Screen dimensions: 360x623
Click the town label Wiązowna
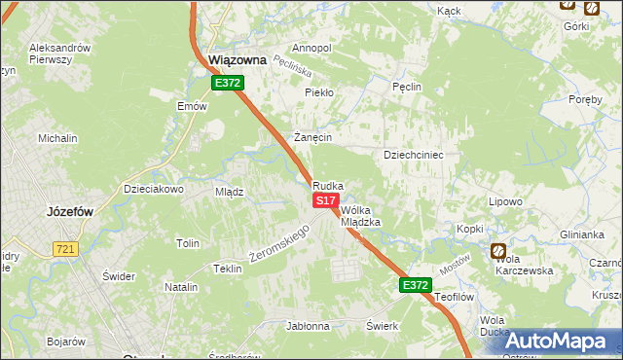tap(238, 59)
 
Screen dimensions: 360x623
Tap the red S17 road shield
tap(325, 199)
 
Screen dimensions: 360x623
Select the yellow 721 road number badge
tap(65, 249)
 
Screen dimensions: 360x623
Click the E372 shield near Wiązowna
tap(228, 84)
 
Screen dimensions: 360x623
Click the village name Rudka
tap(328, 185)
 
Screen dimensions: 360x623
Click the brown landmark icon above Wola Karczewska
tap(498, 250)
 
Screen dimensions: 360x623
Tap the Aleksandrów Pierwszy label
tap(60, 54)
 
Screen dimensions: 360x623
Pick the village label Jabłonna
tap(308, 326)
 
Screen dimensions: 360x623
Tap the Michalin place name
tap(57, 138)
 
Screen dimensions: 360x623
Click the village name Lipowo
tap(506, 201)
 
